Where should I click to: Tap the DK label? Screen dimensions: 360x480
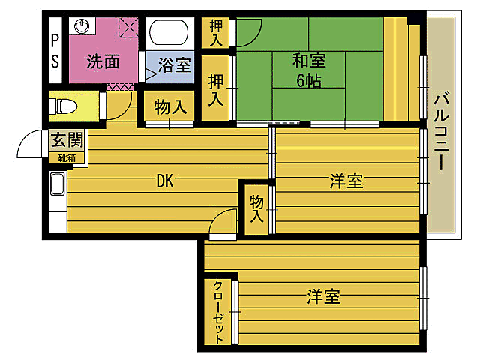click(x=166, y=181)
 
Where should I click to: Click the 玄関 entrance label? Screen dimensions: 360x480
click(x=66, y=140)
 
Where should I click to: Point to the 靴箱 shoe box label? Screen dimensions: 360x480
click(x=66, y=157)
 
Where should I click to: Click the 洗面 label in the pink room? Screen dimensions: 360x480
click(x=103, y=61)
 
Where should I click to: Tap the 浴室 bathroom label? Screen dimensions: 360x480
click(x=174, y=64)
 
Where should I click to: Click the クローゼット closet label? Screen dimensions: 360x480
click(x=218, y=311)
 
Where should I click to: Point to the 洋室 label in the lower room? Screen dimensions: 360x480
click(x=322, y=297)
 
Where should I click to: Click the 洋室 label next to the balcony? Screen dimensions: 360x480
click(x=346, y=181)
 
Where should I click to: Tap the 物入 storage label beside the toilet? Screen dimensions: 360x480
click(x=170, y=106)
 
